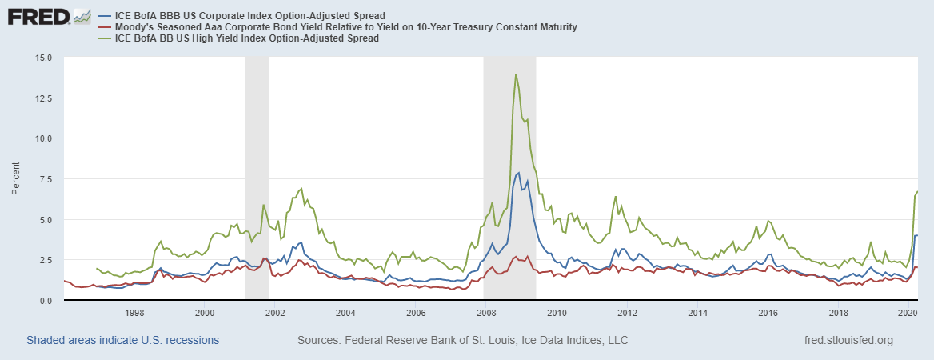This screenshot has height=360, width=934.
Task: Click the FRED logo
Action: pos(38,16)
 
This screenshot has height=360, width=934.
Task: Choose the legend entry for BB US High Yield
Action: pos(248,38)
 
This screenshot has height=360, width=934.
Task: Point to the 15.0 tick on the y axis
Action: pos(43,58)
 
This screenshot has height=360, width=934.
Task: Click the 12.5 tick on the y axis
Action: pos(43,98)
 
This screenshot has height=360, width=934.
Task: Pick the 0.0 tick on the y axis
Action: pos(46,301)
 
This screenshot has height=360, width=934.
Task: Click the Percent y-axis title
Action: pos(17,179)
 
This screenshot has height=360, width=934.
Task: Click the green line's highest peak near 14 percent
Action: pos(516,74)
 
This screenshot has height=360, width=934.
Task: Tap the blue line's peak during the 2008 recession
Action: pos(519,173)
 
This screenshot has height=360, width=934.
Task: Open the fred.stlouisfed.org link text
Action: pos(849,340)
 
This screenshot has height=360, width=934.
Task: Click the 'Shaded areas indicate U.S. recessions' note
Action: pos(122,340)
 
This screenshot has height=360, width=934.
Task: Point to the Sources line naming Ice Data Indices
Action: pos(462,340)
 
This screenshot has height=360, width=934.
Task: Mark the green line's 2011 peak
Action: pos(615,197)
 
